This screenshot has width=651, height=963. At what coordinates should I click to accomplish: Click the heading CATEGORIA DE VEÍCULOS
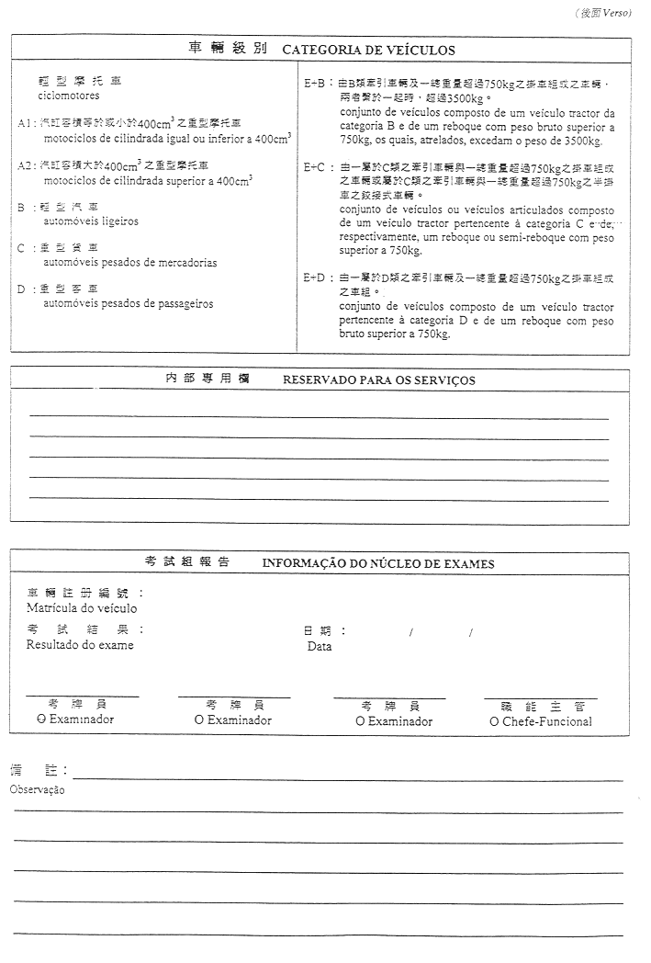click(x=368, y=51)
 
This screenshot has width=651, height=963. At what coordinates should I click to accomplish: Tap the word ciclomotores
click(x=69, y=95)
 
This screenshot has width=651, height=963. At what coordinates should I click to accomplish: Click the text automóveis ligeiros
click(x=92, y=221)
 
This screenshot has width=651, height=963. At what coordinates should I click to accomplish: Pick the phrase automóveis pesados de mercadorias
click(x=130, y=262)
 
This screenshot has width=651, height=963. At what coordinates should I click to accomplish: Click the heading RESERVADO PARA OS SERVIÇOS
click(x=378, y=380)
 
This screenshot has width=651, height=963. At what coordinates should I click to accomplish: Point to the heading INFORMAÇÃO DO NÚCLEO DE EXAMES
click(x=378, y=563)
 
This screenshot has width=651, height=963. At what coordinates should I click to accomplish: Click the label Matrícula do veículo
click(x=82, y=608)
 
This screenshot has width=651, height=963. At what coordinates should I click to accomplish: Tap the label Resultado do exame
click(x=80, y=645)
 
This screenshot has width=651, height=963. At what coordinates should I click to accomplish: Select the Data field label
click(x=319, y=646)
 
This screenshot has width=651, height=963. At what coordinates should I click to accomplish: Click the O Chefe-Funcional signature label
click(x=541, y=721)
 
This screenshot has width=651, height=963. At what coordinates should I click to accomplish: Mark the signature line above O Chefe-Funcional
click(x=541, y=698)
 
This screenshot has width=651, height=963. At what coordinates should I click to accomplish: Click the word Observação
click(x=37, y=789)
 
